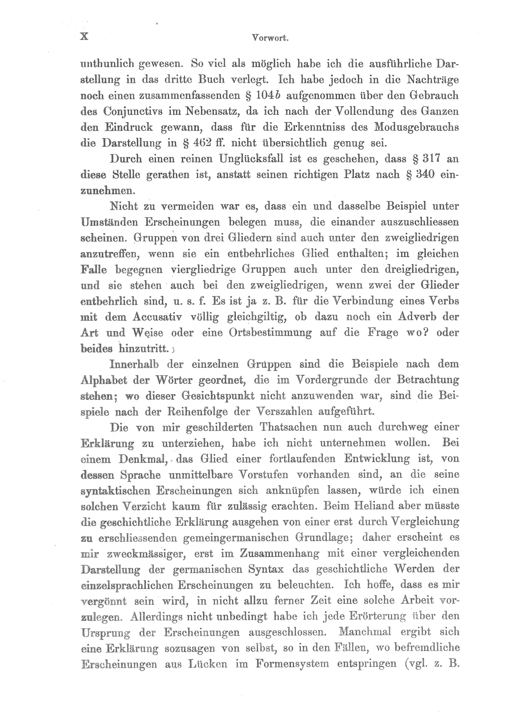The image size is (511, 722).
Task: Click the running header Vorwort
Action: point(270,38)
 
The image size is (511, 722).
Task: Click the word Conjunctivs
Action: point(135,112)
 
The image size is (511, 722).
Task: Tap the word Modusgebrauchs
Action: point(416,127)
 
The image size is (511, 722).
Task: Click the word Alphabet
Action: point(103,381)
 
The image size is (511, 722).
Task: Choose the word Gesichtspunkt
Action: point(218,396)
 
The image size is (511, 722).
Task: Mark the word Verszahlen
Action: point(284,412)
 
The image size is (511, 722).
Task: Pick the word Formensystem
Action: point(292,664)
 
